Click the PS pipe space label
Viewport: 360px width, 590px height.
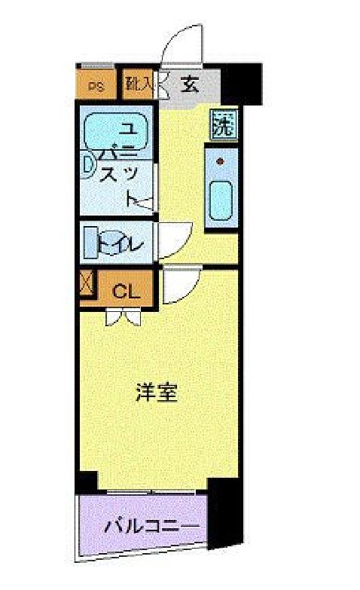click(96, 85)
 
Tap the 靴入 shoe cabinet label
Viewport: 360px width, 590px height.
click(140, 84)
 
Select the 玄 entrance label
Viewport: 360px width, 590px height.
click(188, 83)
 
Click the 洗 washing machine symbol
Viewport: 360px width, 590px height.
click(222, 123)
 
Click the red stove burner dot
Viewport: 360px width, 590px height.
click(221, 161)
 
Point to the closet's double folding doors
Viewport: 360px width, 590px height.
click(122, 317)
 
